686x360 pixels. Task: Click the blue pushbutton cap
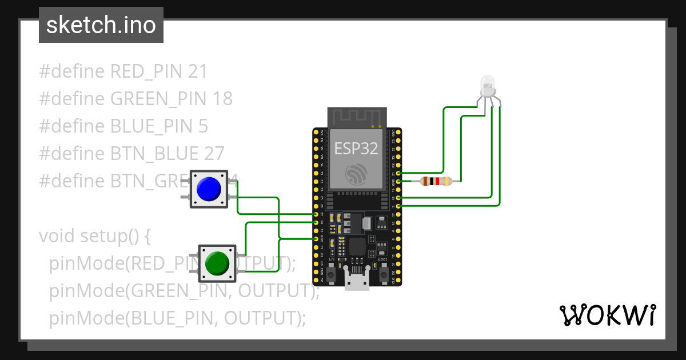pyautogui.click(x=208, y=189)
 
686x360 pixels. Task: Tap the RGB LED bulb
pyautogui.click(x=488, y=86)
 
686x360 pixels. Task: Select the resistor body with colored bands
pyautogui.click(x=436, y=182)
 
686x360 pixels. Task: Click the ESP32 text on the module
pyautogui.click(x=356, y=149)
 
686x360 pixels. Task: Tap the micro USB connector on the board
pyautogui.click(x=357, y=281)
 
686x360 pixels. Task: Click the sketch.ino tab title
pyautogui.click(x=101, y=26)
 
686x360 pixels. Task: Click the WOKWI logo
pyautogui.click(x=607, y=315)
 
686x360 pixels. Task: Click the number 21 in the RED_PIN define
pyautogui.click(x=197, y=71)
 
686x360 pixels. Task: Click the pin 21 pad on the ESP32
pyautogui.click(x=398, y=173)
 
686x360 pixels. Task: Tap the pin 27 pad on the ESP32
pyautogui.click(x=316, y=214)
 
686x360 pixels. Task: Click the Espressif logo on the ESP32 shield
pyautogui.click(x=356, y=174)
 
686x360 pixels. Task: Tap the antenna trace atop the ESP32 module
pyautogui.click(x=356, y=117)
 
